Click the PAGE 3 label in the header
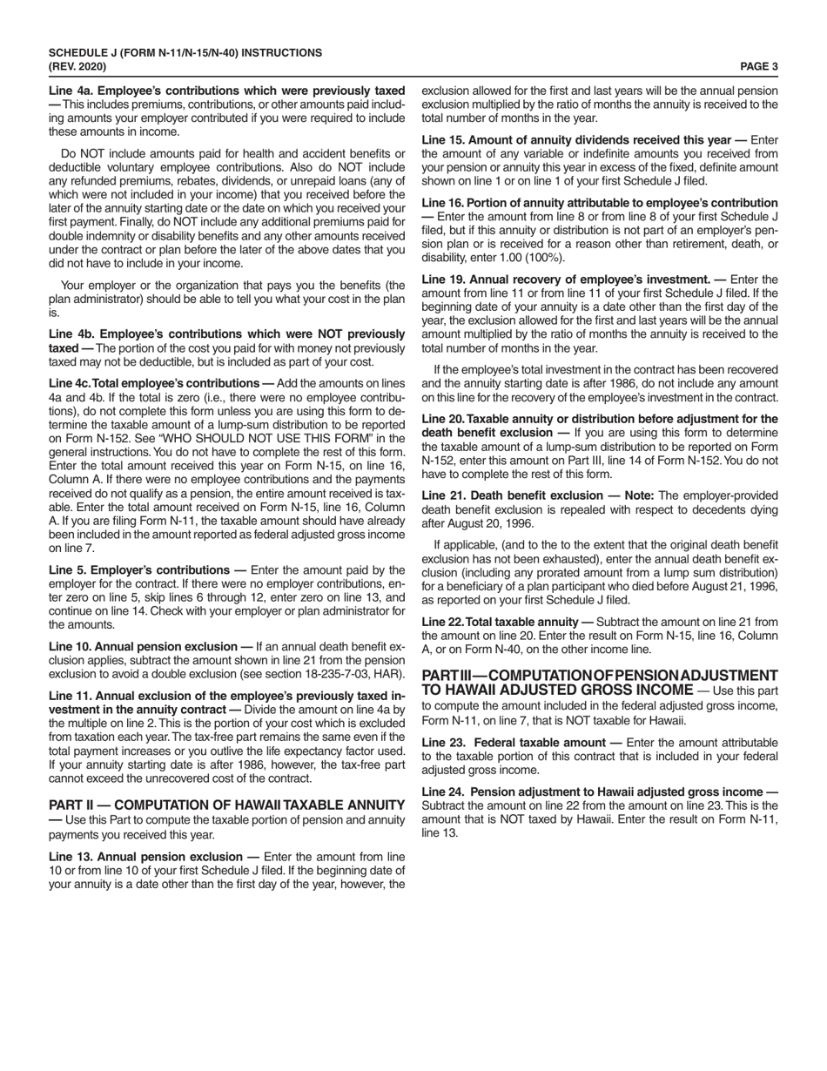pos(758,65)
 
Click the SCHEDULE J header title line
pos(185,53)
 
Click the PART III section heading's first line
pos(599,676)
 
